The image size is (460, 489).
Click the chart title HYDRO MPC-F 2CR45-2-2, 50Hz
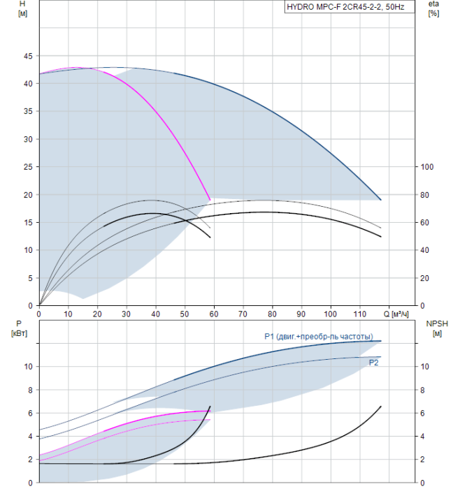[345, 7]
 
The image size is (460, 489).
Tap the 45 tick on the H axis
[28, 56]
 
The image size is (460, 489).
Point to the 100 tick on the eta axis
[427, 167]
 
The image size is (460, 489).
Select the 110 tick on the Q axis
[359, 314]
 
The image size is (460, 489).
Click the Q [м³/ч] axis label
[396, 314]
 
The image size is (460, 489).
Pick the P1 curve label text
[319, 337]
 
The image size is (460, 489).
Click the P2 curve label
[373, 363]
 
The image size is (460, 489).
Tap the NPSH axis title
[437, 328]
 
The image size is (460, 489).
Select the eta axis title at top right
[434, 8]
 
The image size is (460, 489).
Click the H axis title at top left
[22, 8]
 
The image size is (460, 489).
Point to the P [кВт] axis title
[19, 329]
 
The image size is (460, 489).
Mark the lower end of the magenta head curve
[210, 200]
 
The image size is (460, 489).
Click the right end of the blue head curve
[381, 200]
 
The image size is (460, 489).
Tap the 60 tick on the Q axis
[214, 314]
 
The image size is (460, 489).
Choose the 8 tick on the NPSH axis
[422, 390]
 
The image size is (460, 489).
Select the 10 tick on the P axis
[29, 367]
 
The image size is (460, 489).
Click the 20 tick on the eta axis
[424, 278]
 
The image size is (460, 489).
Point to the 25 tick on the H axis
[28, 167]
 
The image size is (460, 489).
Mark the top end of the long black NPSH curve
[381, 407]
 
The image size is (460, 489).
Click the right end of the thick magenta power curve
[210, 411]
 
